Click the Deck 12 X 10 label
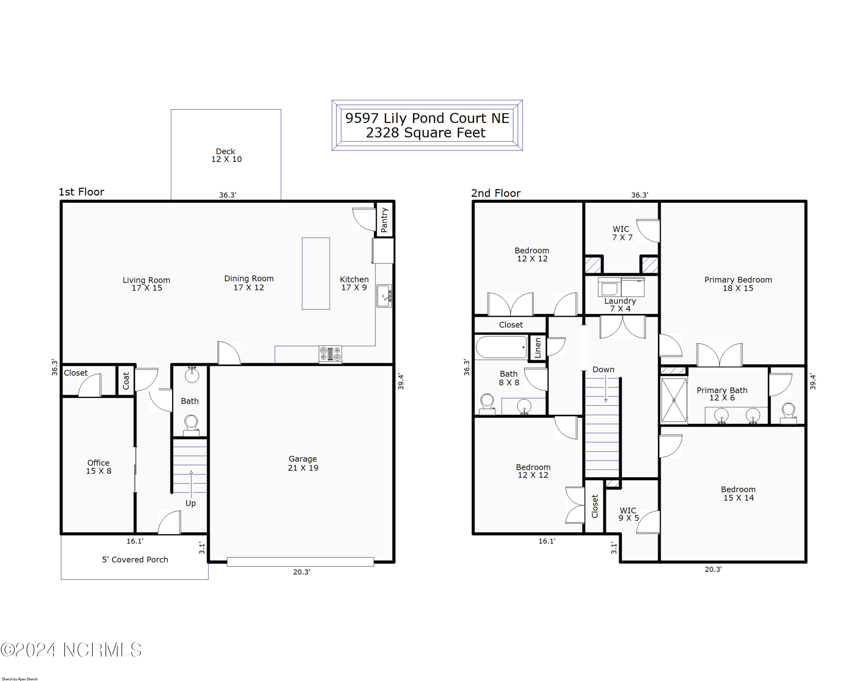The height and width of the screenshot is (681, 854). (226, 155)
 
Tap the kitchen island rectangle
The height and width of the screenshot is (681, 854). (316, 273)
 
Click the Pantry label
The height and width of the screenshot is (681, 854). (384, 220)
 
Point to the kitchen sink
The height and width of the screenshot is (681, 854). (384, 296)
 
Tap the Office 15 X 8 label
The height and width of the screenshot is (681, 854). (98, 467)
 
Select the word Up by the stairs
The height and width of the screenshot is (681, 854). (190, 503)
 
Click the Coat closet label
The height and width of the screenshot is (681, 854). (126, 380)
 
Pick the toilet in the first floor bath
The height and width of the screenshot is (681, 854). (191, 425)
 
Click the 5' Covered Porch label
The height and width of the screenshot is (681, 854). (135, 559)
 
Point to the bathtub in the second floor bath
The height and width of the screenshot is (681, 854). (502, 347)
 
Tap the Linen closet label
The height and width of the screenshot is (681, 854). (537, 348)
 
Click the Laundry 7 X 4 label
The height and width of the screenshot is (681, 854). (620, 305)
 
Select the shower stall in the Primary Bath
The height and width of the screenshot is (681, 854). (674, 400)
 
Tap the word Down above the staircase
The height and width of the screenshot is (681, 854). (603, 369)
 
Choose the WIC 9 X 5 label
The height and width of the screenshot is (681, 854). (629, 514)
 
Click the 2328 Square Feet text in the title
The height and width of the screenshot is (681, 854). (425, 133)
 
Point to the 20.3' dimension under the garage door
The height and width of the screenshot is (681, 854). (301, 572)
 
